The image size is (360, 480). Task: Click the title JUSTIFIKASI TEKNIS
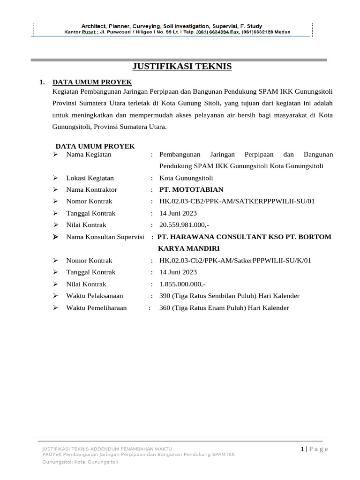(182, 67)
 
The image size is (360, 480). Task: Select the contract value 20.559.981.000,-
(184, 225)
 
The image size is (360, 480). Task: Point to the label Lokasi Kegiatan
(90, 178)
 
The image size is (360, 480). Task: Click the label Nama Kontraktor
(92, 190)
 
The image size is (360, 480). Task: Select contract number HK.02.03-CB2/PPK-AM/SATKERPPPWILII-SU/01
(237, 202)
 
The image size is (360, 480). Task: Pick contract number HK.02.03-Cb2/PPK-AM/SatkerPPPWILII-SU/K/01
(235, 261)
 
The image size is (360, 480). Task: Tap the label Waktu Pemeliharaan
(97, 308)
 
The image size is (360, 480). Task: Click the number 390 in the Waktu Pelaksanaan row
(165, 296)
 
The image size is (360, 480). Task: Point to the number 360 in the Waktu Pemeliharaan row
(165, 308)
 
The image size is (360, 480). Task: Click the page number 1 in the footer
(303, 449)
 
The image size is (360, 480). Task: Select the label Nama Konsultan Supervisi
(105, 237)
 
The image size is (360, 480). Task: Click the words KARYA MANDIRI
(189, 248)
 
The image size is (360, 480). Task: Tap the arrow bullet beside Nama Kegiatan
(55, 154)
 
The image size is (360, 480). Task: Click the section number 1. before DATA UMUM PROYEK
(42, 82)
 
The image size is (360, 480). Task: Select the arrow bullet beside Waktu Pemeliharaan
(55, 308)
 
